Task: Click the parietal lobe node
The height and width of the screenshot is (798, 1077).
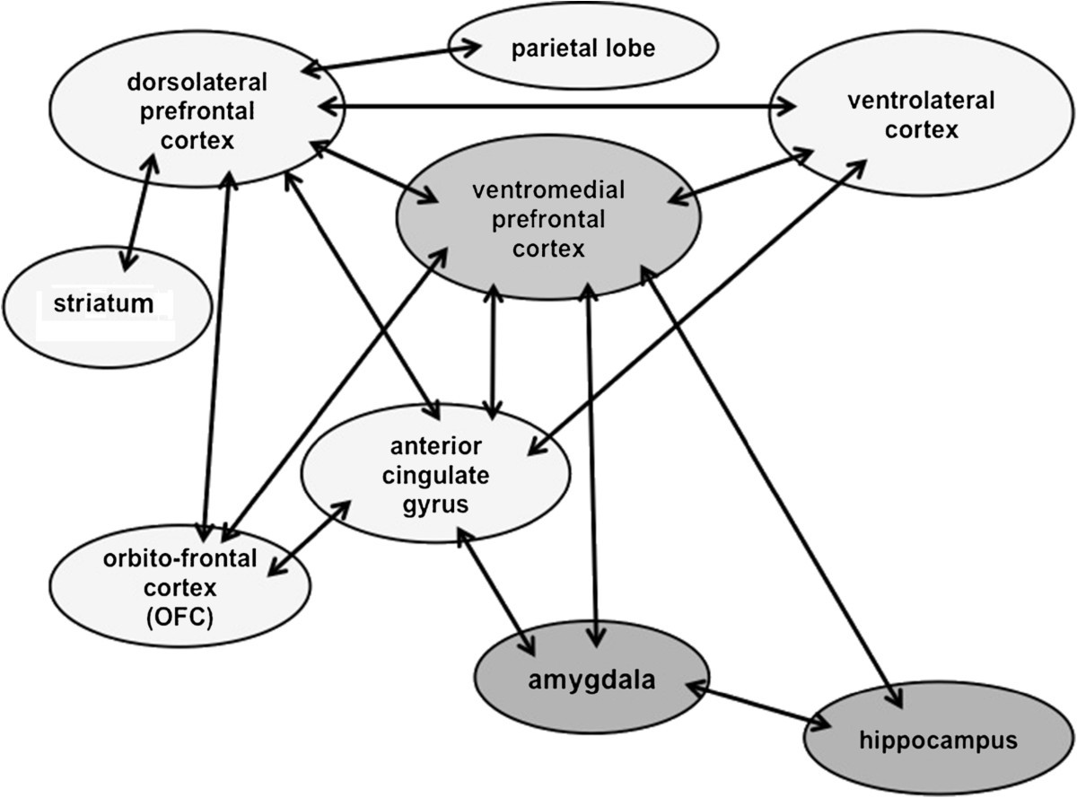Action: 583,48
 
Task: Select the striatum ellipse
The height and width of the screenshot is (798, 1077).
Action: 108,305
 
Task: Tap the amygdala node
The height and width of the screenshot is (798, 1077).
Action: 591,680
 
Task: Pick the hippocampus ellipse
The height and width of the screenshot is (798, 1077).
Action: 938,741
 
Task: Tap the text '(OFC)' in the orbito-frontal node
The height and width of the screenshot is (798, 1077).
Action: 180,617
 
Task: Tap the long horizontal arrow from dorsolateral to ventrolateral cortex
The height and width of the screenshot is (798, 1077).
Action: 556,106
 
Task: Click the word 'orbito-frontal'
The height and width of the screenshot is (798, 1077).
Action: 179,559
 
